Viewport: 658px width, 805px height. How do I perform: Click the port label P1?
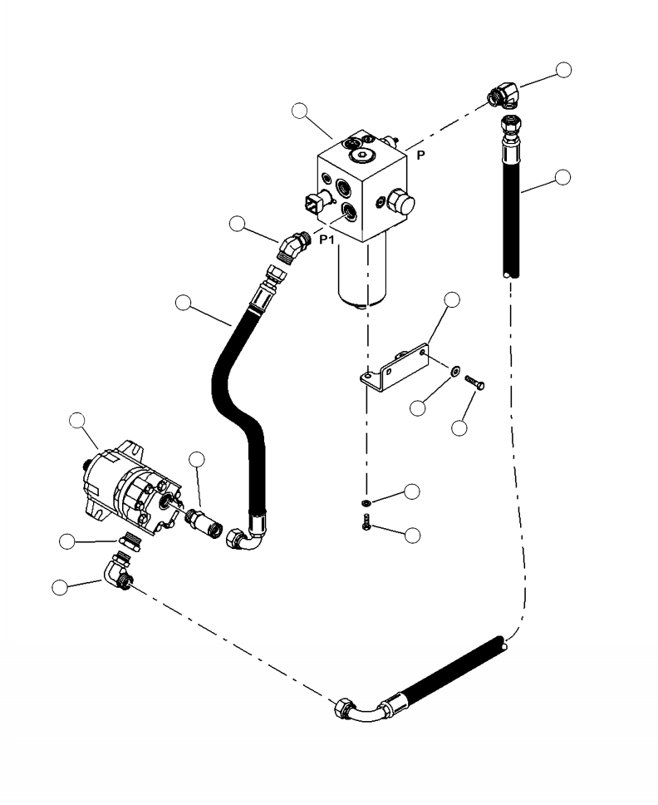pyautogui.click(x=328, y=240)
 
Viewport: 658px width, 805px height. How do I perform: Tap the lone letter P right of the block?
pyautogui.click(x=420, y=156)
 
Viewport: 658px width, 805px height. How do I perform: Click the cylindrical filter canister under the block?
pyautogui.click(x=362, y=273)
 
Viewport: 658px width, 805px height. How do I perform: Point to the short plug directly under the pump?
pyautogui.click(x=130, y=541)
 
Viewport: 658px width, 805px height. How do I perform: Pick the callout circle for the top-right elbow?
pyautogui.click(x=564, y=70)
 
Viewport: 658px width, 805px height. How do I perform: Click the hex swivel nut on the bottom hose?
pyautogui.click(x=341, y=711)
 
